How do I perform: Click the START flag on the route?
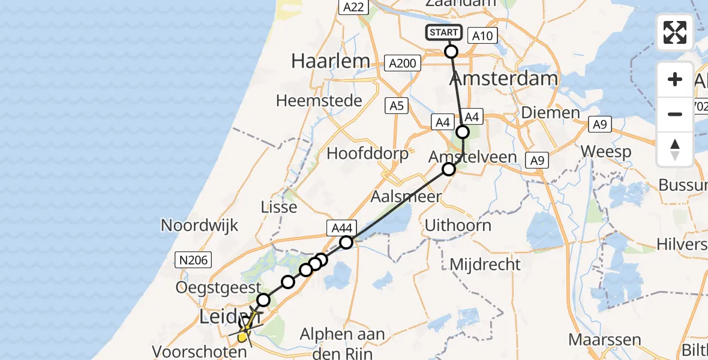[x=444, y=32]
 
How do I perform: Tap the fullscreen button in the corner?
[x=675, y=32]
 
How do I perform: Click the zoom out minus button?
[x=675, y=114]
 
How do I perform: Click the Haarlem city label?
[x=330, y=61]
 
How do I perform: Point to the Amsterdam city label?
[x=503, y=79]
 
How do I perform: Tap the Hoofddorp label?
[x=367, y=154]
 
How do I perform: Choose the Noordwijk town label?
[x=200, y=226]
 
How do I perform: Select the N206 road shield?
[x=191, y=259]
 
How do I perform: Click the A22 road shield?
[x=352, y=7]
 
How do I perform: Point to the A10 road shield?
[x=482, y=36]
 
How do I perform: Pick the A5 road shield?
[x=396, y=106]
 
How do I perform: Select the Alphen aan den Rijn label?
[x=343, y=343]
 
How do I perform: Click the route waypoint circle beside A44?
[x=346, y=242]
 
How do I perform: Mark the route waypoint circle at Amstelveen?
[x=449, y=170]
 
